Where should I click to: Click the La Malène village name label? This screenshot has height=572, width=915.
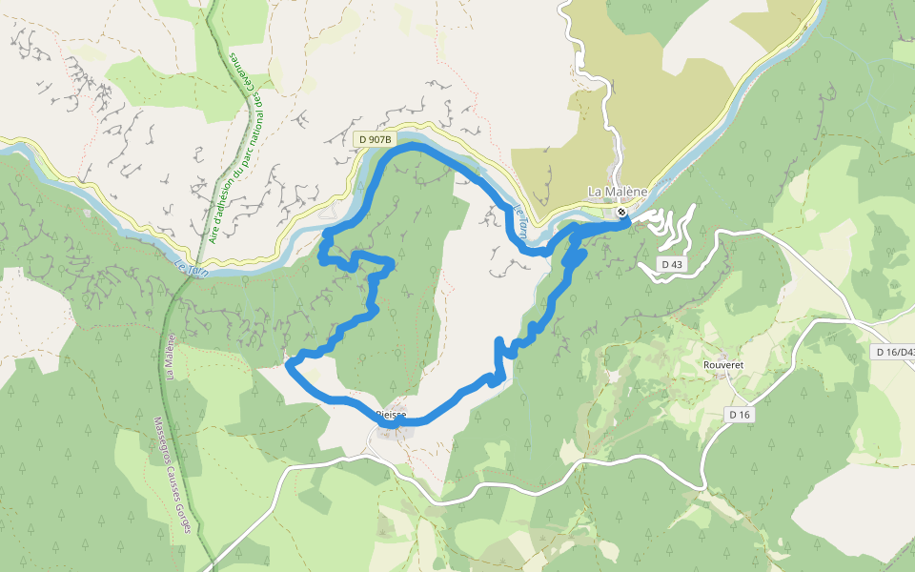(x=617, y=192)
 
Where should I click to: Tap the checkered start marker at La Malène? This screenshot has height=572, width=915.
(x=621, y=213)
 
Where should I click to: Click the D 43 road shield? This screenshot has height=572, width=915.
(x=672, y=263)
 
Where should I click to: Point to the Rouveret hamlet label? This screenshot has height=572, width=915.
(x=722, y=364)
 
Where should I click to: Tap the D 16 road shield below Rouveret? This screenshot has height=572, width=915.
(x=740, y=414)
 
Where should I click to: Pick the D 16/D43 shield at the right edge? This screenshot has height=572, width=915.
(x=894, y=352)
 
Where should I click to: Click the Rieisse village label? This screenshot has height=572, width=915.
(x=391, y=415)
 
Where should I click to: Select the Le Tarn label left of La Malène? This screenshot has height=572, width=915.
(x=520, y=222)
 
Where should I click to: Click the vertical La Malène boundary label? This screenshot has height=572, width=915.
(x=171, y=356)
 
